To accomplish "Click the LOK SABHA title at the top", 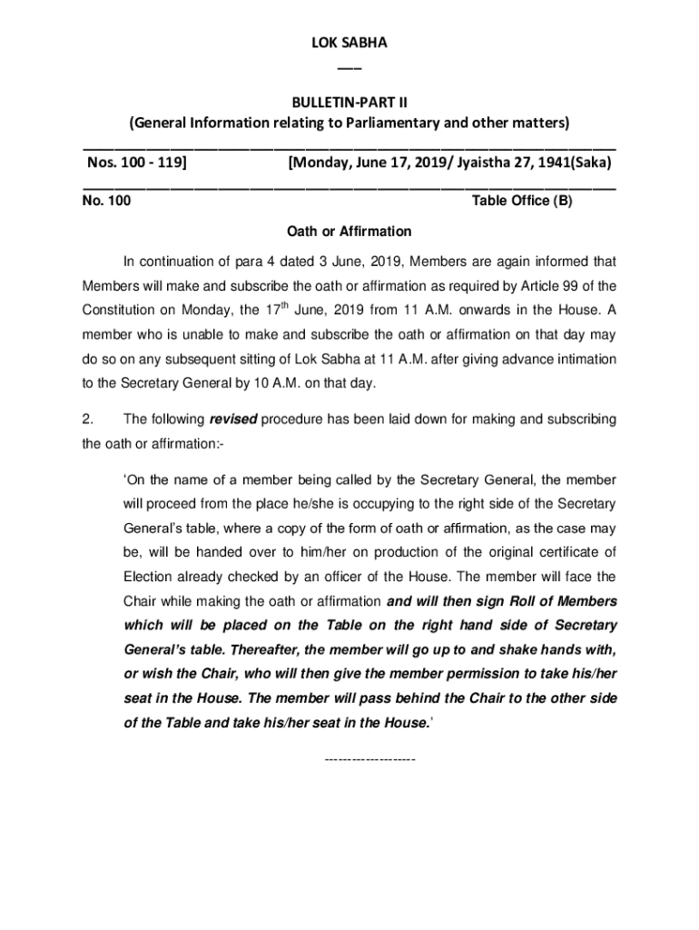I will click(x=349, y=43).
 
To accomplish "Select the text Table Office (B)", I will click(x=522, y=201).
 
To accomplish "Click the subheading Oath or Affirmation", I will click(x=349, y=232).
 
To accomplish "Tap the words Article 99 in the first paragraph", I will click(x=568, y=286).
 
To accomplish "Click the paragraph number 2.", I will click(x=88, y=420).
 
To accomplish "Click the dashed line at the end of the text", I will click(x=369, y=757).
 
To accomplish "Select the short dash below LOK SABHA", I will click(x=349, y=67).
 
